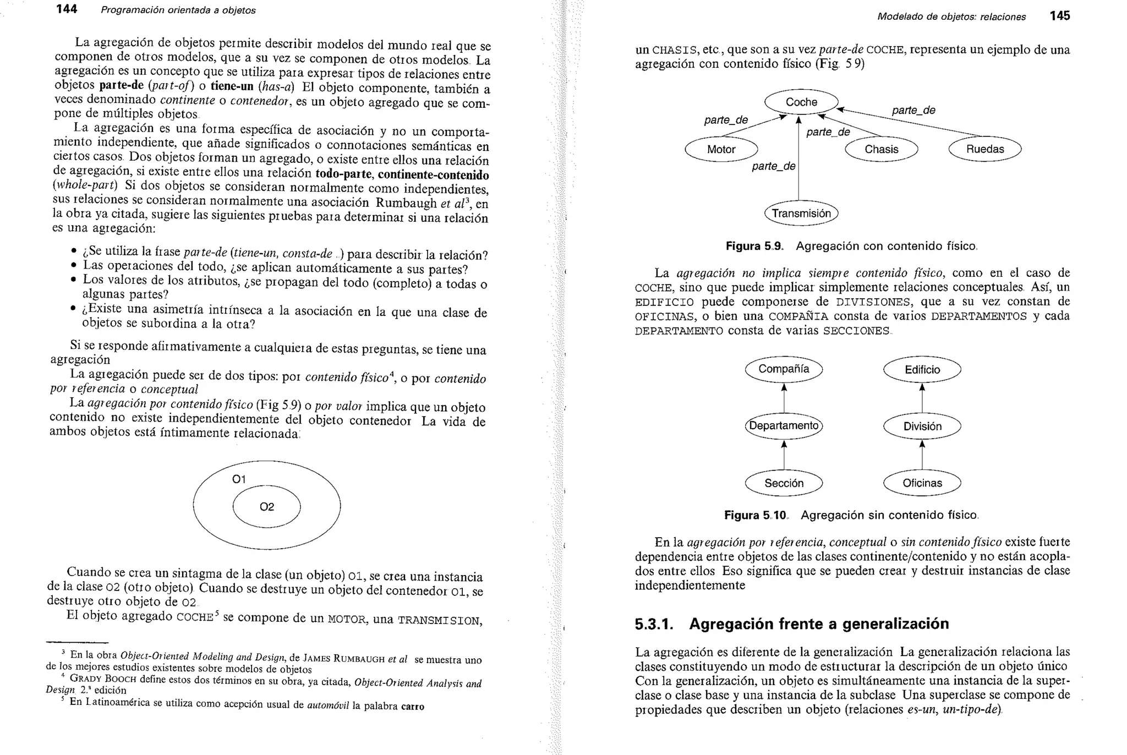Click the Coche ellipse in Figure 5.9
pyautogui.click(x=801, y=102)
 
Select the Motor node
pyautogui.click(x=721, y=149)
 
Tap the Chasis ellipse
pyautogui.click(x=881, y=149)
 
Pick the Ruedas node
pyautogui.click(x=984, y=149)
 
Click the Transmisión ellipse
pyautogui.click(x=801, y=214)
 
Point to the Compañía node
pyautogui.click(x=784, y=369)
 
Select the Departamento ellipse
pyautogui.click(x=784, y=426)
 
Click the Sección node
pyautogui.click(x=784, y=483)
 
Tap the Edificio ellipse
pyautogui.click(x=922, y=370)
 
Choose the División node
pyautogui.click(x=922, y=426)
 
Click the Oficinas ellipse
pyautogui.click(x=922, y=483)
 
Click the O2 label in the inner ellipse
pyautogui.click(x=267, y=507)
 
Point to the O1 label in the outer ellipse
pyautogui.click(x=239, y=479)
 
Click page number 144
pyautogui.click(x=67, y=9)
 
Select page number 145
pyautogui.click(x=1059, y=16)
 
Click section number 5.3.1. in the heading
pyautogui.click(x=654, y=624)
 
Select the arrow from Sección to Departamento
pyautogui.click(x=784, y=455)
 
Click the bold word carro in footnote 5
pyautogui.click(x=413, y=707)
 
